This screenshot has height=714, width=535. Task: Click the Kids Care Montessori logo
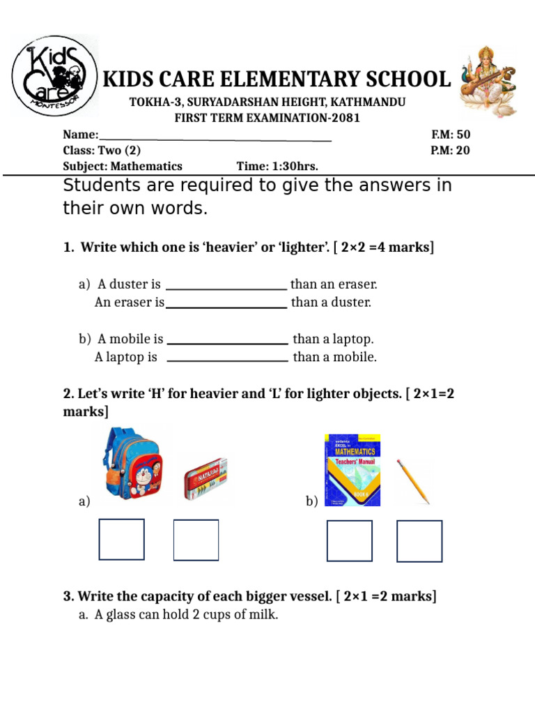click(x=54, y=75)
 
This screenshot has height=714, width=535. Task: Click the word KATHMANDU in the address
click(x=372, y=102)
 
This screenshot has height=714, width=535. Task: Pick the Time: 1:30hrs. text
click(x=277, y=166)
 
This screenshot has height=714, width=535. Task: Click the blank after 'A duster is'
click(x=226, y=286)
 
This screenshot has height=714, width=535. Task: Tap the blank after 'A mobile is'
click(x=228, y=341)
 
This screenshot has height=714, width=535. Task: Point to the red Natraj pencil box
click(x=206, y=478)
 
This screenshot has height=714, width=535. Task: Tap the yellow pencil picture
click(x=413, y=481)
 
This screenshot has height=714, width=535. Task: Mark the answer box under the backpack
click(x=122, y=540)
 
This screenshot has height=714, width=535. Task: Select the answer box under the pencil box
click(x=196, y=540)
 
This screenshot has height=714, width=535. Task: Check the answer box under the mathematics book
click(x=350, y=541)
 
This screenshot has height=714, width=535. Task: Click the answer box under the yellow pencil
click(x=419, y=541)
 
